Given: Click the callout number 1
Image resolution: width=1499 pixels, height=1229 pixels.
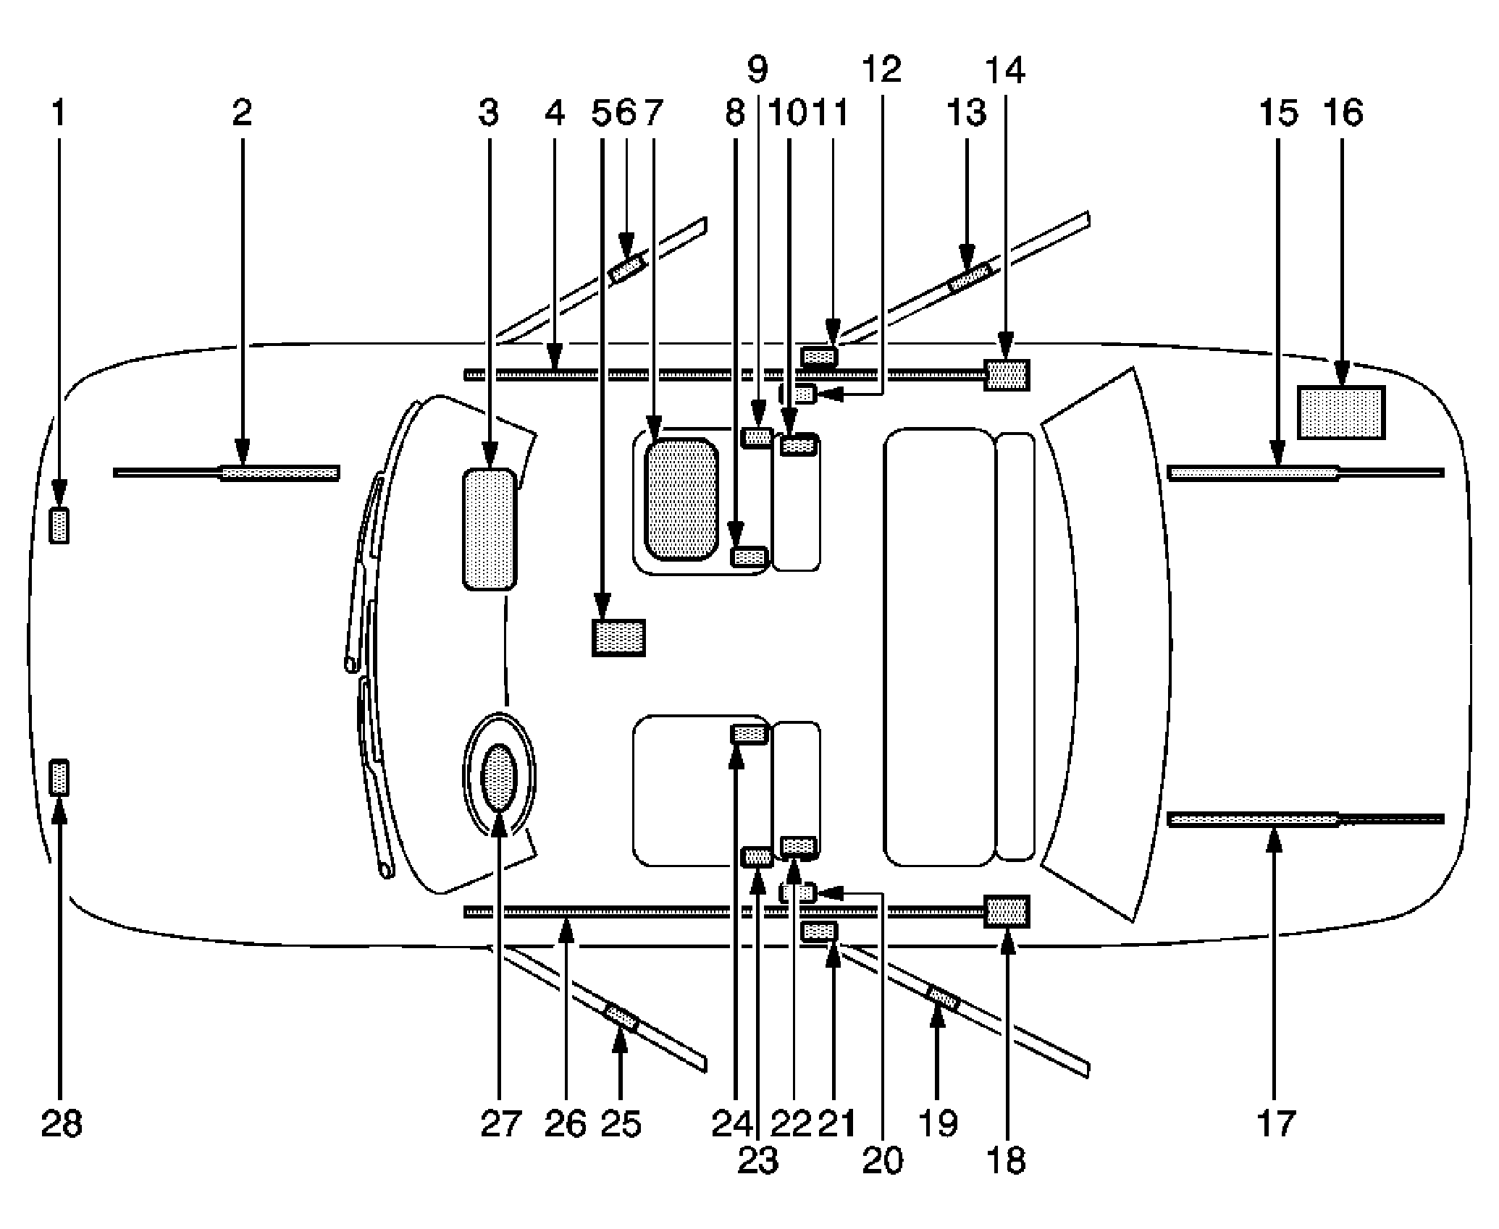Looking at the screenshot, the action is click(59, 114).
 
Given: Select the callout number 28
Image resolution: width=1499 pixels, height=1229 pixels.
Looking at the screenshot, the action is click(62, 1124).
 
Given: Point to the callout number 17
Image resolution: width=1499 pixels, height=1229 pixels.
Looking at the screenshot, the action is click(1276, 1124).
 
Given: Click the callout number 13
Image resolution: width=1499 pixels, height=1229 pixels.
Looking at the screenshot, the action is click(967, 114).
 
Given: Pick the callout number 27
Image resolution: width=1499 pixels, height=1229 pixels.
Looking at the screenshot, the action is click(500, 1124).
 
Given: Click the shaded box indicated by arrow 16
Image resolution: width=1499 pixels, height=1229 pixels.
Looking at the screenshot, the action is click(1341, 413).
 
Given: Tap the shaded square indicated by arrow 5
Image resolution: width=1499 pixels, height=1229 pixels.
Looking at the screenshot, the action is click(619, 638).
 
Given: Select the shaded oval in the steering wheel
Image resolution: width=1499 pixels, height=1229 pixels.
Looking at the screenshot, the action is click(500, 779).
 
